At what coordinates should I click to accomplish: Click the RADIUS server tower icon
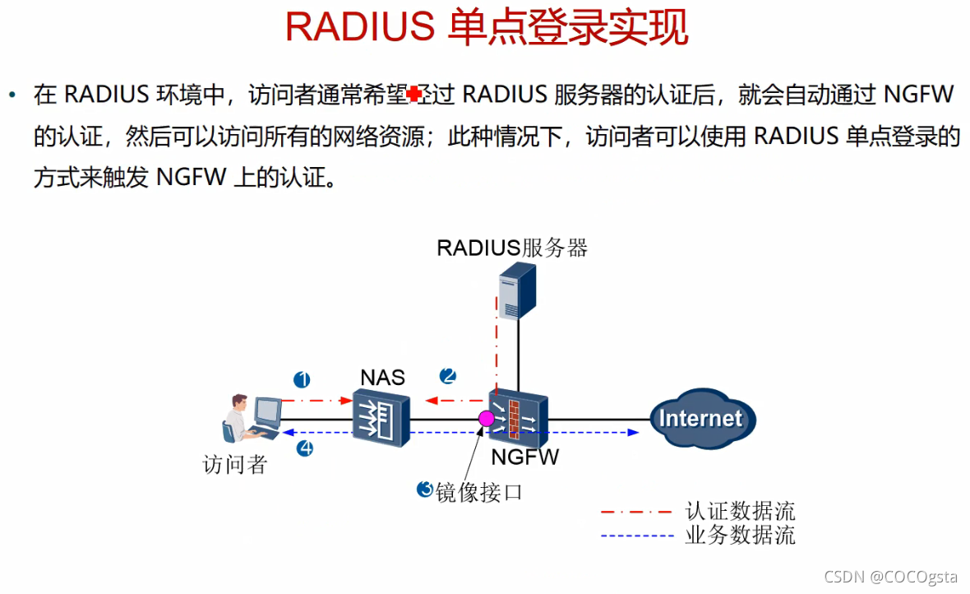coord(515,289)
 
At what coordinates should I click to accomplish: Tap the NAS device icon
coord(381,418)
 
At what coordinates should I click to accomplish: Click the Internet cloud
coord(700,418)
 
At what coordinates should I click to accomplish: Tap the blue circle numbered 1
coord(303,379)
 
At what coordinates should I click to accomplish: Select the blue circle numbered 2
coord(448,376)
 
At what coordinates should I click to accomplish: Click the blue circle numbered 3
coord(425,489)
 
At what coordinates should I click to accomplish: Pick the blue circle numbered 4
coord(304,448)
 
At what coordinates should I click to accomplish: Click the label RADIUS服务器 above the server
coord(512,248)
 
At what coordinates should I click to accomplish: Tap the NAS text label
coord(382,378)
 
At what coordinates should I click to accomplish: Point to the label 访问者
coord(235,465)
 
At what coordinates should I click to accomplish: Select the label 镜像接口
coord(480,492)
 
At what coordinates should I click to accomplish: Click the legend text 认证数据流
coord(740,512)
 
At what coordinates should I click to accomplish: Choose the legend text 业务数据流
coord(740,536)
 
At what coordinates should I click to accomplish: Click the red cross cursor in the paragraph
coord(414,94)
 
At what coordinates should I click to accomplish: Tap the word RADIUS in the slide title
coord(359,27)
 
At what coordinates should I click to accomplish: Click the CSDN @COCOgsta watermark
coord(893,578)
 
